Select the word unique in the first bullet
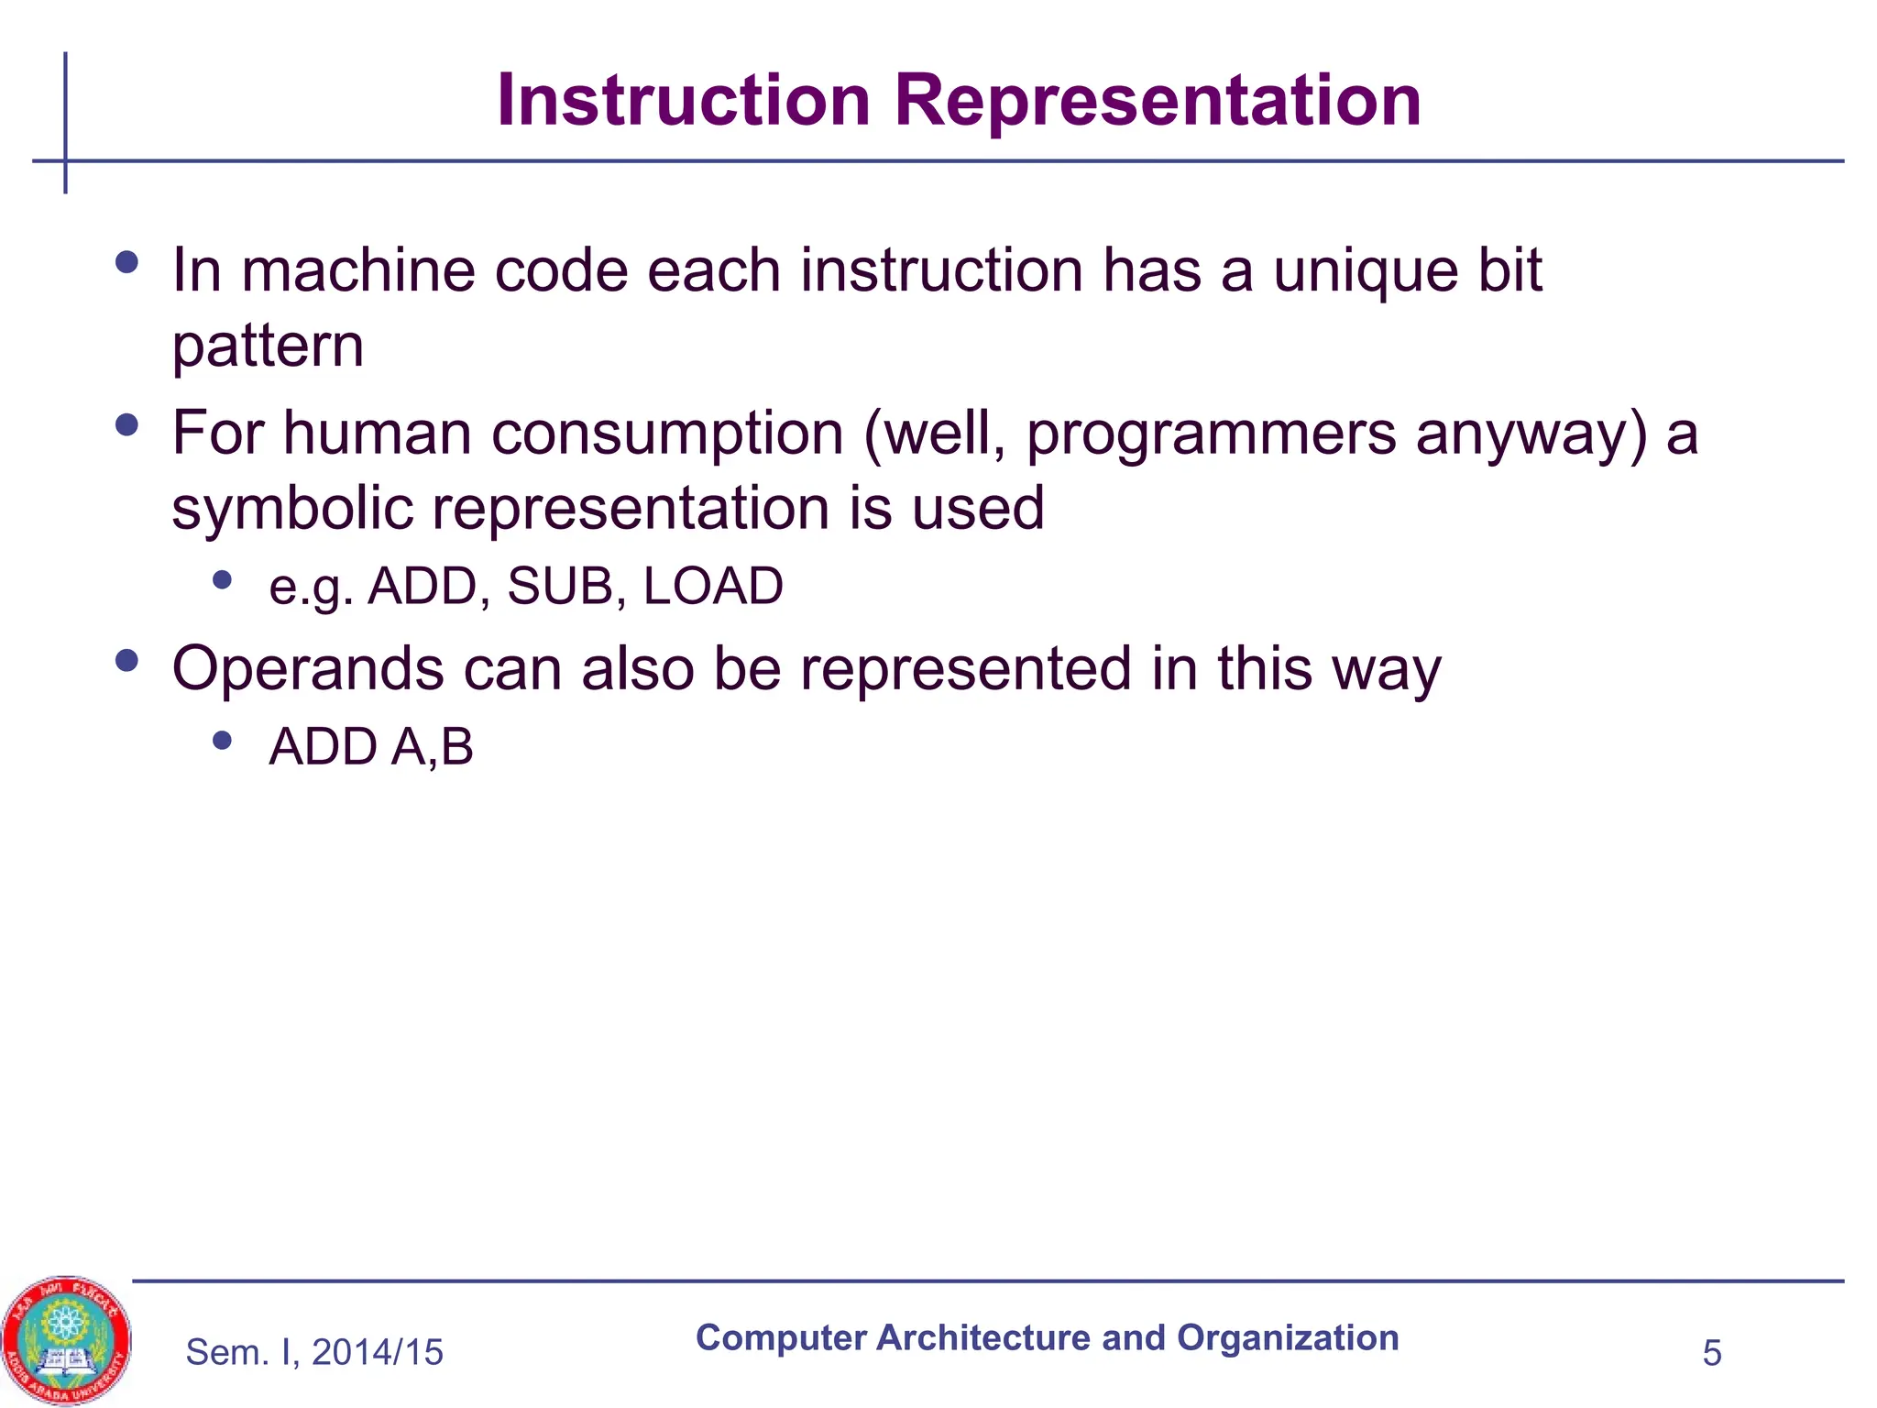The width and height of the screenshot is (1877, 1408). tap(1365, 272)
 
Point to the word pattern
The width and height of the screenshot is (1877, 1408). tap(268, 347)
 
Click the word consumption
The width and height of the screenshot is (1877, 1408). tap(667, 434)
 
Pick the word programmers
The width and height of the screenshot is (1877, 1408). tap(1211, 434)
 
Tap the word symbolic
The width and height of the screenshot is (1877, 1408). tap(291, 509)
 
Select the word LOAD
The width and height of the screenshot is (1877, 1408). tap(713, 586)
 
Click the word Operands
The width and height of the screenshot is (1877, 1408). tap(308, 669)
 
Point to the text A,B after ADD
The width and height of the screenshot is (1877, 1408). tap(433, 746)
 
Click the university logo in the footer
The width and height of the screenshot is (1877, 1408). tap(66, 1340)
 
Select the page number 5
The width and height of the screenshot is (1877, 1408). tap(1711, 1353)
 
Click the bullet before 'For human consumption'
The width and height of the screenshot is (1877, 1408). tap(127, 425)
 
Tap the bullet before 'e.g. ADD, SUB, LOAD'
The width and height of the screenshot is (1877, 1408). tap(222, 579)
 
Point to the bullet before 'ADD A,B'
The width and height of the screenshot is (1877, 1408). tap(222, 740)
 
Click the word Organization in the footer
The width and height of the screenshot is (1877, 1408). tap(1288, 1338)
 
